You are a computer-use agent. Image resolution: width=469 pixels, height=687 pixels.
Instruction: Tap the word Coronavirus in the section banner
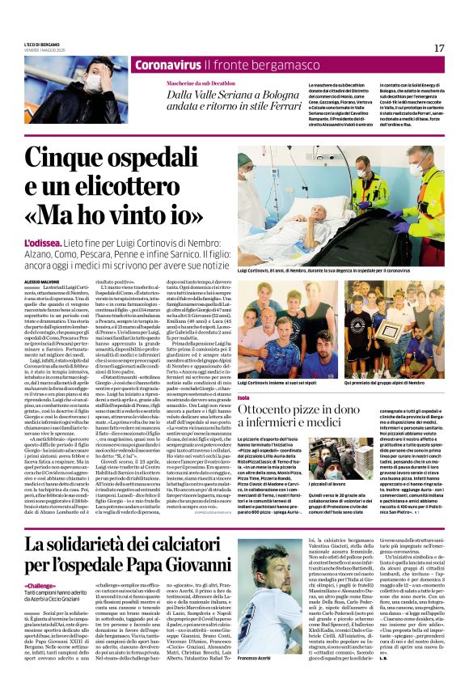(168, 65)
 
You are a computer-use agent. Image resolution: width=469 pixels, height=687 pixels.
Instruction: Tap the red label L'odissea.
(43, 243)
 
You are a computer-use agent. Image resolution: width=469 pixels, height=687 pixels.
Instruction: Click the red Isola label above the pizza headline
(244, 398)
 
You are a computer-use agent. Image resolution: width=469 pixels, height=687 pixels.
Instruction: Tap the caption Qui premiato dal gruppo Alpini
(389, 382)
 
